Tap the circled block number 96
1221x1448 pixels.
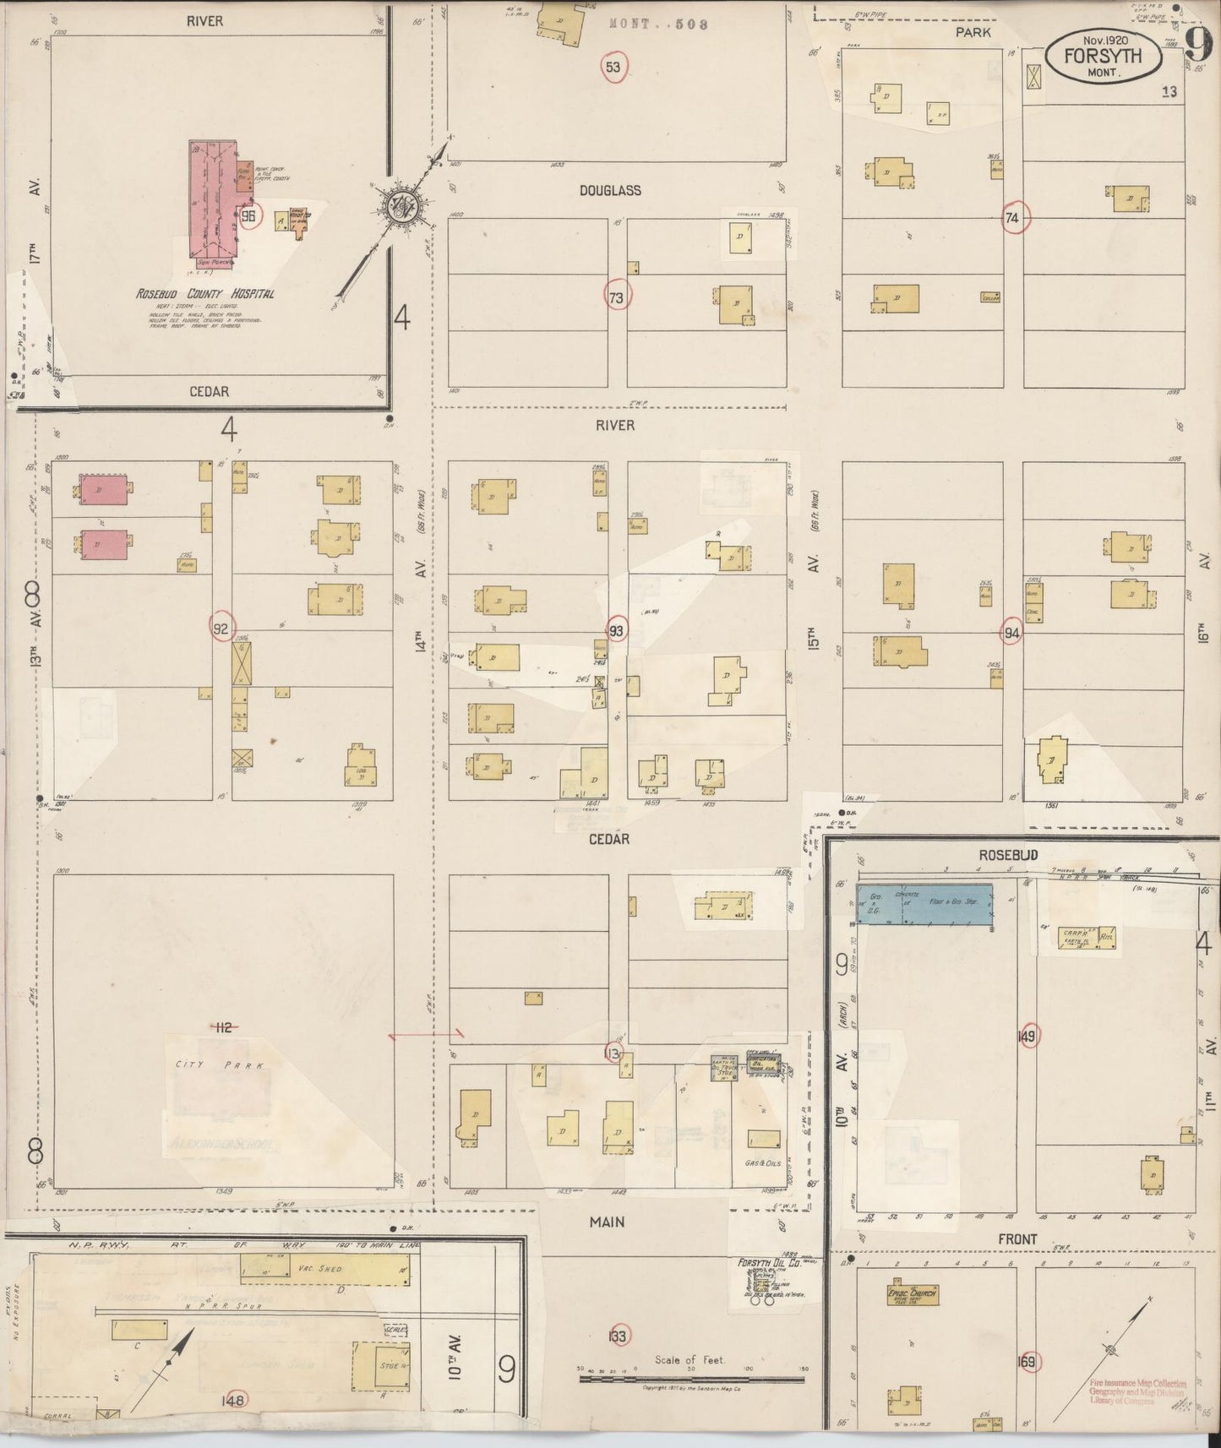248,215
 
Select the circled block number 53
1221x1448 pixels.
614,67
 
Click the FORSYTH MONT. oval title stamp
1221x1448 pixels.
1103,57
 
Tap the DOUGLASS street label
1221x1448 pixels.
610,191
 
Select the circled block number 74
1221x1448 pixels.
1012,218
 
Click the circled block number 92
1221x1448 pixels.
221,628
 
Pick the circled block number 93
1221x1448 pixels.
617,630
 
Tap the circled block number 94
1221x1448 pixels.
1012,632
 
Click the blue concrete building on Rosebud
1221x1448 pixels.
924,903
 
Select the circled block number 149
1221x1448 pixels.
1027,1036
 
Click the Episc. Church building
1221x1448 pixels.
912,1295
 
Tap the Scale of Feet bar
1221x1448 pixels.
691,1379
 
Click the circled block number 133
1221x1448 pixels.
618,1336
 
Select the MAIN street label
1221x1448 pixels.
607,1222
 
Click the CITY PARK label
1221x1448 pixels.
220,1065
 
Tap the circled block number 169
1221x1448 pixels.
1027,1362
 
